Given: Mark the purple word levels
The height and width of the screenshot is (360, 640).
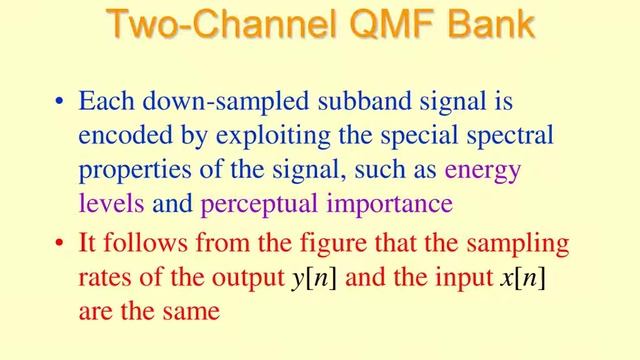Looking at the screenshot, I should tap(112, 205).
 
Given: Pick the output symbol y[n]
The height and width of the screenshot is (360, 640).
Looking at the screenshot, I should tap(313, 278).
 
